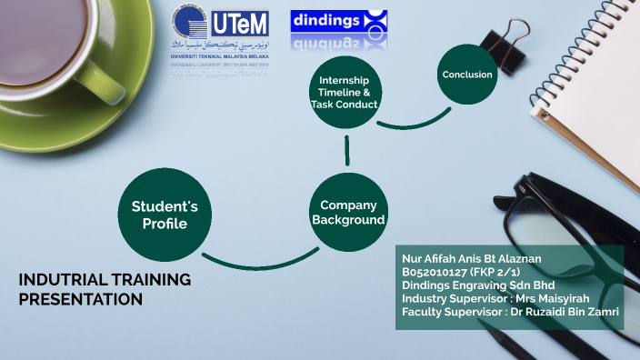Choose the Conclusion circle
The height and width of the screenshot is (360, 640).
[467, 75]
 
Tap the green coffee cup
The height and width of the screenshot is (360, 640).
[64, 45]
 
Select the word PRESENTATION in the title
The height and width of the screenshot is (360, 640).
[81, 298]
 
